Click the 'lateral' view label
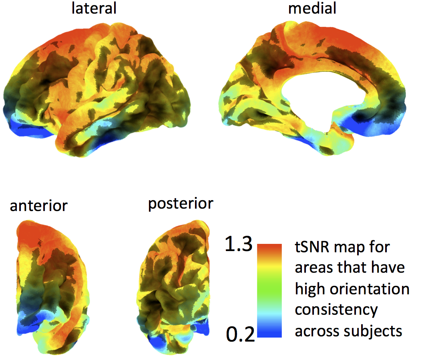[x=94, y=8]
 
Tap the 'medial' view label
[x=307, y=8]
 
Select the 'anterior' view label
[x=39, y=206]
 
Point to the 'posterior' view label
[x=181, y=203]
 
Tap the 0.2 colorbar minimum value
[x=240, y=333]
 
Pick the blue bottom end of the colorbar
[x=269, y=331]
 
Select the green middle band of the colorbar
[x=269, y=290]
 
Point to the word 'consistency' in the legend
[x=336, y=310]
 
